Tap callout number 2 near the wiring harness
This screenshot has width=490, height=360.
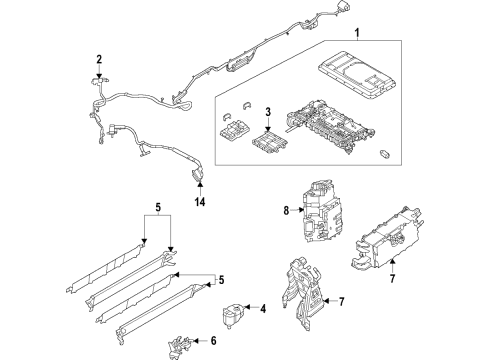(x=99, y=60)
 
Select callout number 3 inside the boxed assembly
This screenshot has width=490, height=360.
(x=267, y=110)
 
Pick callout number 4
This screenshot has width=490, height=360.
(x=262, y=309)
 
